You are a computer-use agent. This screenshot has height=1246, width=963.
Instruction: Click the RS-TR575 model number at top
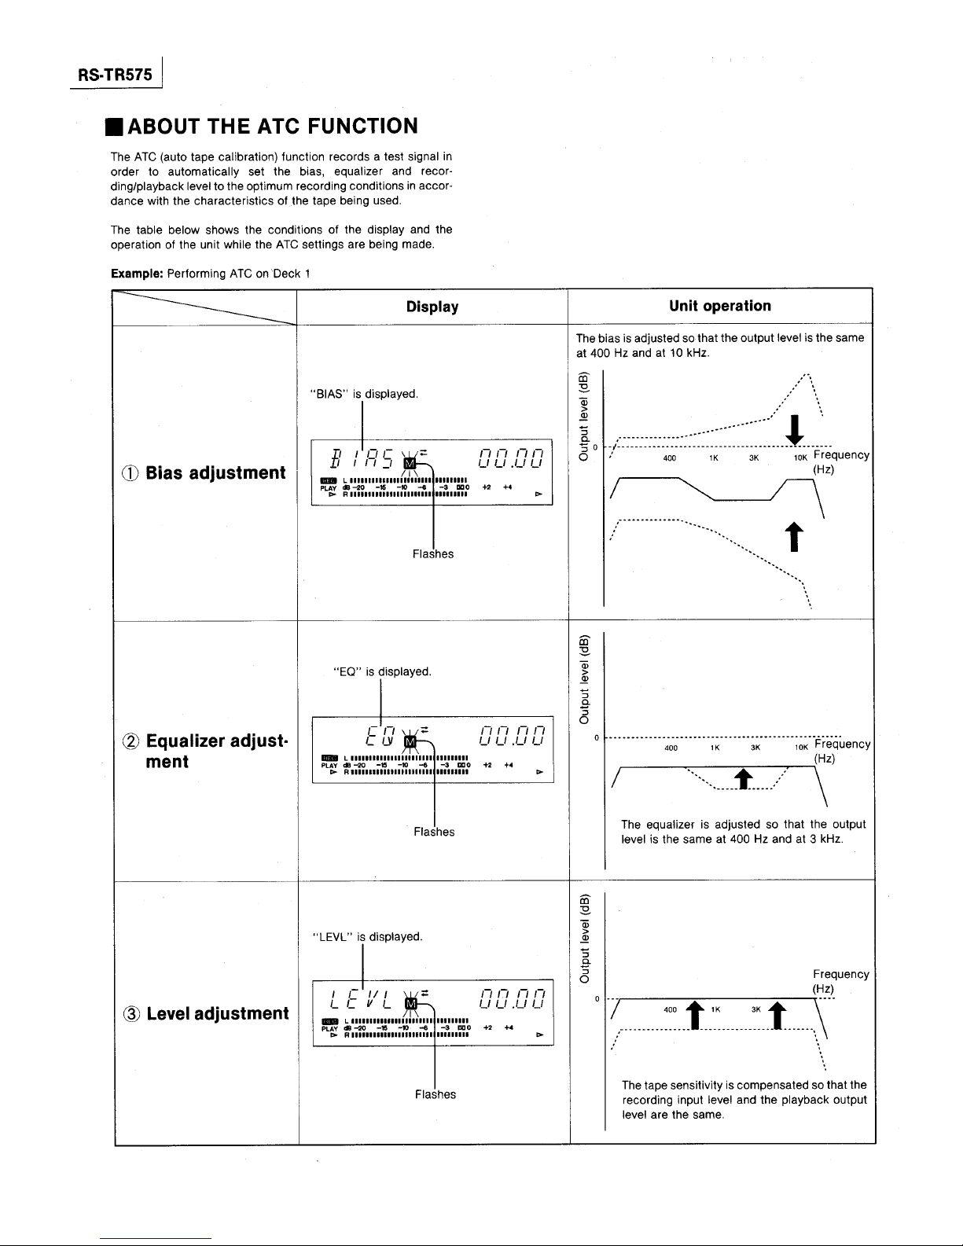[116, 75]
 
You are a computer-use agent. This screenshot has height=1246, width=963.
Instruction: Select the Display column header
[432, 307]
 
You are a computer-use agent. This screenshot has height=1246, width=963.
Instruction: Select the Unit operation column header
[720, 306]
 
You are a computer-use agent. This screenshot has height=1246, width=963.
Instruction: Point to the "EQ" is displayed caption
[381, 672]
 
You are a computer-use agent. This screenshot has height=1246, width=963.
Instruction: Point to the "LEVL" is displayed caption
[367, 937]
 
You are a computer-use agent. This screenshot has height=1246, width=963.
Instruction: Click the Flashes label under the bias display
[433, 554]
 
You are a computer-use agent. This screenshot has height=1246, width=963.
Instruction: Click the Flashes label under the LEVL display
[435, 1094]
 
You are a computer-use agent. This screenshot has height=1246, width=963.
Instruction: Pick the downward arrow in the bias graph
[796, 429]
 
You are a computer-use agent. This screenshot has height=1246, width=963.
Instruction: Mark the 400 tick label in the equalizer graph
[671, 748]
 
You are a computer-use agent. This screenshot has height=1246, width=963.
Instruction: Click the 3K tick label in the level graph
[756, 1009]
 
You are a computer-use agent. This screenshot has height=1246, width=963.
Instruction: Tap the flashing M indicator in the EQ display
[409, 741]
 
